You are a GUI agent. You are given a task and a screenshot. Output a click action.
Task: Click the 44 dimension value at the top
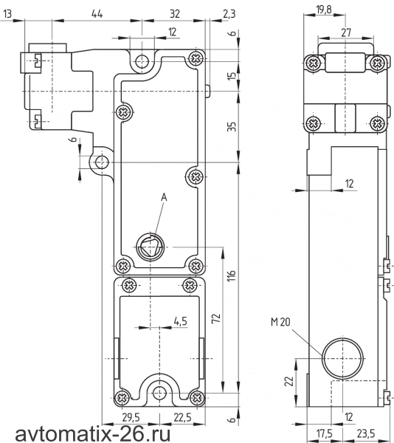click(97, 13)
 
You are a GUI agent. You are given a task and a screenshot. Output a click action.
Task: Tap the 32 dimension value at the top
click(175, 13)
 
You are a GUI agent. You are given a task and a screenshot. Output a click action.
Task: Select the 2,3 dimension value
click(229, 14)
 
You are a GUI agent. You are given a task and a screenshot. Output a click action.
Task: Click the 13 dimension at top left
click(7, 13)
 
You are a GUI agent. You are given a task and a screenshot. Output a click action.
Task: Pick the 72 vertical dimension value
click(216, 318)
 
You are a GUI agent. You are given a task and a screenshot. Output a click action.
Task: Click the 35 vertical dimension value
click(231, 127)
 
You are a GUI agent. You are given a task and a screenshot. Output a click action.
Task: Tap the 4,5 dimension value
click(181, 321)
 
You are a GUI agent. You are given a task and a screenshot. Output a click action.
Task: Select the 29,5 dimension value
click(131, 417)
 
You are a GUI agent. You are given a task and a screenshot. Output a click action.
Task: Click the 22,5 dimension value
click(182, 417)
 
